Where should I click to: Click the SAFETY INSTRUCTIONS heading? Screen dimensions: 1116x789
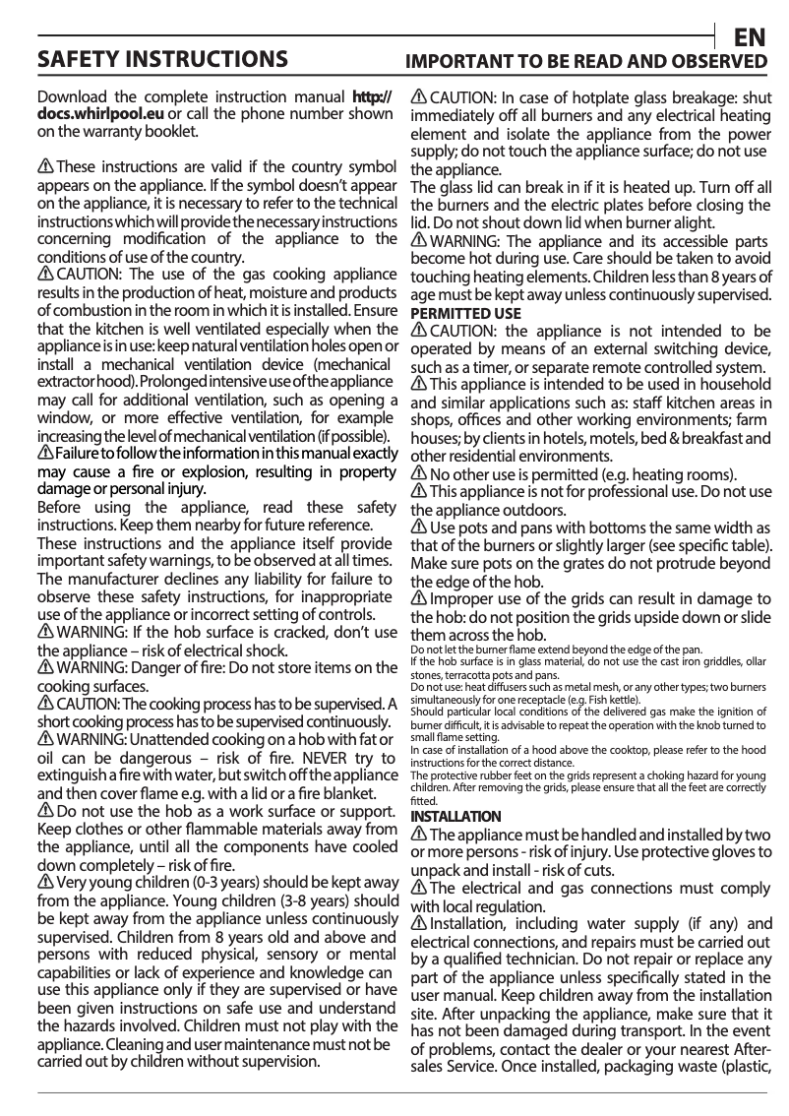162,59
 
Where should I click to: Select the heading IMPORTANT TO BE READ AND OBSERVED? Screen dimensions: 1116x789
587,62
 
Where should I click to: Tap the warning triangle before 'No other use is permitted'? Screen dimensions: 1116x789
418,473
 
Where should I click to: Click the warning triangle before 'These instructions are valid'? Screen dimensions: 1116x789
45,166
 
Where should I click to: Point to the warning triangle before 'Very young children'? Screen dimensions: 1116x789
45,881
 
